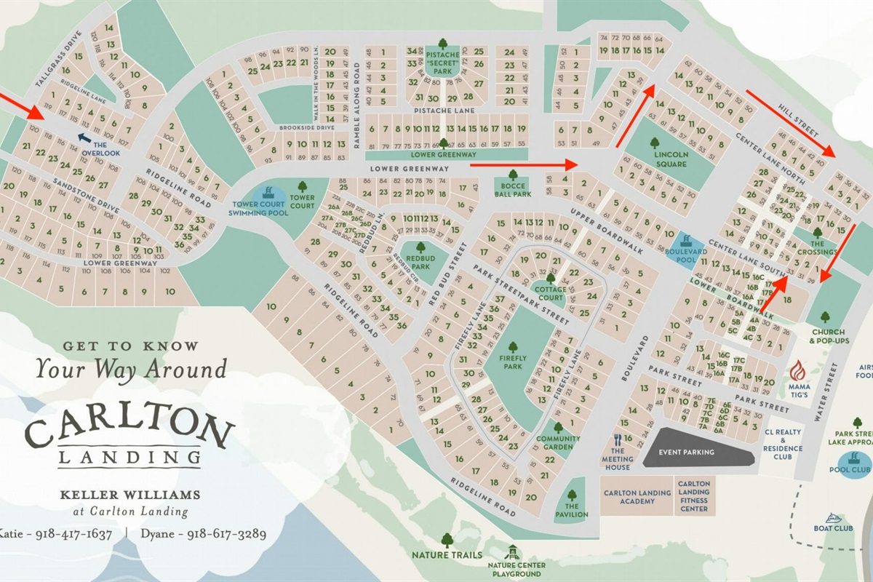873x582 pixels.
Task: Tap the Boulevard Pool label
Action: pos(686,254)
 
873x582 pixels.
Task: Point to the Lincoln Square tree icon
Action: pos(655,143)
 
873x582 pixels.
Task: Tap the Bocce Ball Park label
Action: pos(514,189)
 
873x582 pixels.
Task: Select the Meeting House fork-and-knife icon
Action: pos(618,439)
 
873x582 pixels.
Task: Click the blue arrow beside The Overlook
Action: pos(85,137)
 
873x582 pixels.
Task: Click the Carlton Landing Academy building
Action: pos(637,497)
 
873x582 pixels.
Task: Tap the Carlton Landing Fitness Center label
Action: pos(694,497)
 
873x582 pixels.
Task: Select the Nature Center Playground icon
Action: pos(513,554)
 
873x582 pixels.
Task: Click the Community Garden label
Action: pos(557,443)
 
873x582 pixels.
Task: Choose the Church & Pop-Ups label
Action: pos(827,337)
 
